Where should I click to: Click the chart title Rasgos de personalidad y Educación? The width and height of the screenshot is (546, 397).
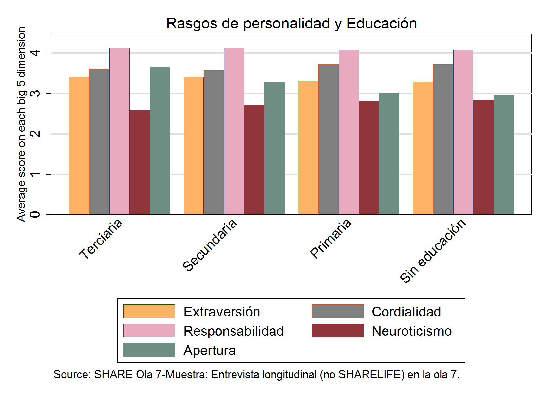click(291, 24)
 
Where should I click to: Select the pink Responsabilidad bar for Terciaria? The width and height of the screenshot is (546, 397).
click(120, 131)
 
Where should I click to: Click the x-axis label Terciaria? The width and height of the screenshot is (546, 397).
click(101, 238)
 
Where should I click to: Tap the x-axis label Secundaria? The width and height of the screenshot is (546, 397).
click(210, 244)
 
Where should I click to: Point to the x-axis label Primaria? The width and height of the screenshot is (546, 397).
click(331, 238)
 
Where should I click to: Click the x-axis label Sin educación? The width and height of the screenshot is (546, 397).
click(433, 250)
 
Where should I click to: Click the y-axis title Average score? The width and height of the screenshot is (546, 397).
click(21, 124)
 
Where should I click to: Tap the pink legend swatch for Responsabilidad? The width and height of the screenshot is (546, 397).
click(149, 331)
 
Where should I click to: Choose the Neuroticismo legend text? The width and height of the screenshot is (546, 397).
click(412, 331)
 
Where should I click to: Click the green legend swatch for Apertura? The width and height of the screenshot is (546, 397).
click(149, 350)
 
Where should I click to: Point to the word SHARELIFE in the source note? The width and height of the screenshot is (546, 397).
click(370, 374)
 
